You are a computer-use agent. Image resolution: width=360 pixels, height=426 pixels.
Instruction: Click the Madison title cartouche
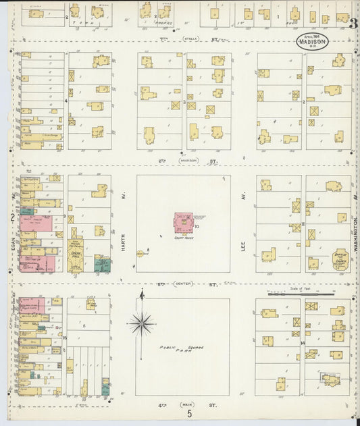click(x=312, y=42)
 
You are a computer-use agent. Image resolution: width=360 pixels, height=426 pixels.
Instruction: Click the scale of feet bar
click(x=301, y=294)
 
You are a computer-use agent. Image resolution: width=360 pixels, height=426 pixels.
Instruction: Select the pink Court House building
click(x=183, y=222)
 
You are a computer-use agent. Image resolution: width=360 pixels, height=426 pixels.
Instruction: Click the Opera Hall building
click(x=75, y=252)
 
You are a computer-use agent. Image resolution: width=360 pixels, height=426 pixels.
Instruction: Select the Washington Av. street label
click(x=354, y=230)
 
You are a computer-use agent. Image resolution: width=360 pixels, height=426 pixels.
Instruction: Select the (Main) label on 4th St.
click(x=186, y=404)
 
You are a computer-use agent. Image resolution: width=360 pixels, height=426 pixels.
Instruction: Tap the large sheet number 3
click(x=353, y=22)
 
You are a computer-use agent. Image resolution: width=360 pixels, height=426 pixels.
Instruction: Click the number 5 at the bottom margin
click(x=190, y=414)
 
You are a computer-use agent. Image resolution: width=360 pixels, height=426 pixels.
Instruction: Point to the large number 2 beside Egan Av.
click(x=12, y=217)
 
